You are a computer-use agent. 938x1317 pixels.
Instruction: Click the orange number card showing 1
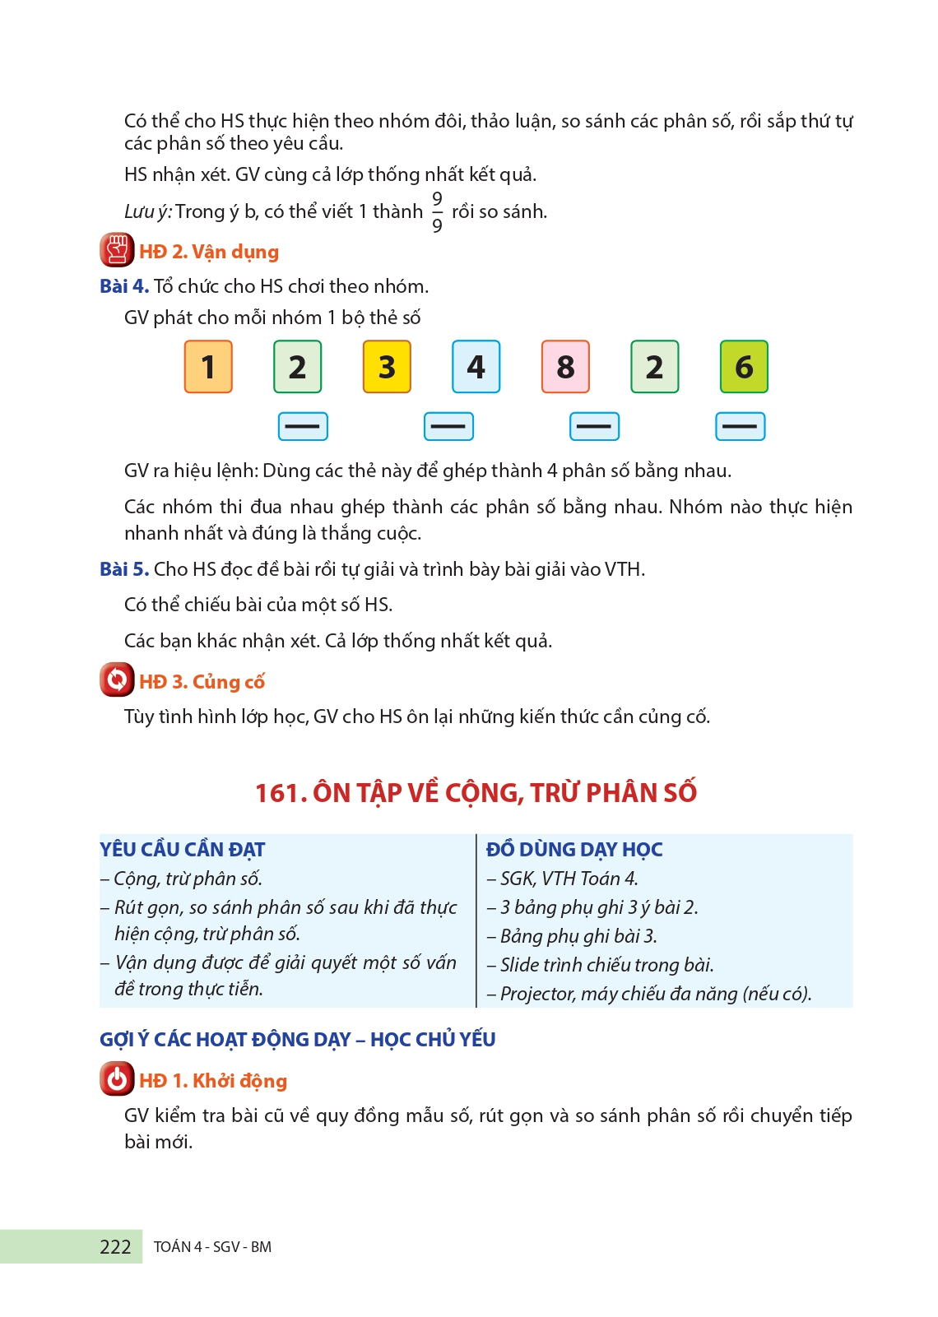tap(208, 367)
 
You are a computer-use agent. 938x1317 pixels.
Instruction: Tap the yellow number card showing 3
tap(387, 367)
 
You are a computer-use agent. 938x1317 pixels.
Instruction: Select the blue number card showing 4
tap(476, 367)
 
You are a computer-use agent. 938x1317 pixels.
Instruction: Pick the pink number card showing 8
tap(565, 367)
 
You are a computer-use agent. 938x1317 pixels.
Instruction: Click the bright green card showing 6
tap(744, 367)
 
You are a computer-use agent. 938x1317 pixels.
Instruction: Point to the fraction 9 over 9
tap(437, 212)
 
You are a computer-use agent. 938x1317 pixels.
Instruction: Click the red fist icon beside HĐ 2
tap(117, 250)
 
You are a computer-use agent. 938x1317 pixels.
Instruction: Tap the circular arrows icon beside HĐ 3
tap(117, 680)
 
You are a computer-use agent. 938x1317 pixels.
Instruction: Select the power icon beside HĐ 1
tap(117, 1079)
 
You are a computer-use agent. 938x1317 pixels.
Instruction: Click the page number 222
tap(115, 1247)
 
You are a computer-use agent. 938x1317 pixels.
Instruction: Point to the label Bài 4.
tap(124, 286)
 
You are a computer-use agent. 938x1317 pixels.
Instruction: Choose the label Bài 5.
tap(124, 569)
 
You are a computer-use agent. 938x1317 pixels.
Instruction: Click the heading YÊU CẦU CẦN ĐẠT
tap(183, 850)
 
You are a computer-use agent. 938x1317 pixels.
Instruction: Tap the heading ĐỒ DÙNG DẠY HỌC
tap(574, 850)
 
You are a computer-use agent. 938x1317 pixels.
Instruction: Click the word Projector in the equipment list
tap(537, 994)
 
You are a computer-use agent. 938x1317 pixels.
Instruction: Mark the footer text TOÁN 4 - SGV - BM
tap(212, 1247)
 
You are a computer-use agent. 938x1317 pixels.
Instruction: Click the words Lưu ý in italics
tap(148, 212)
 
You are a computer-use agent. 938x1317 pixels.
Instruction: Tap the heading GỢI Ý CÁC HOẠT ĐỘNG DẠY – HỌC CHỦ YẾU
tap(297, 1040)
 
